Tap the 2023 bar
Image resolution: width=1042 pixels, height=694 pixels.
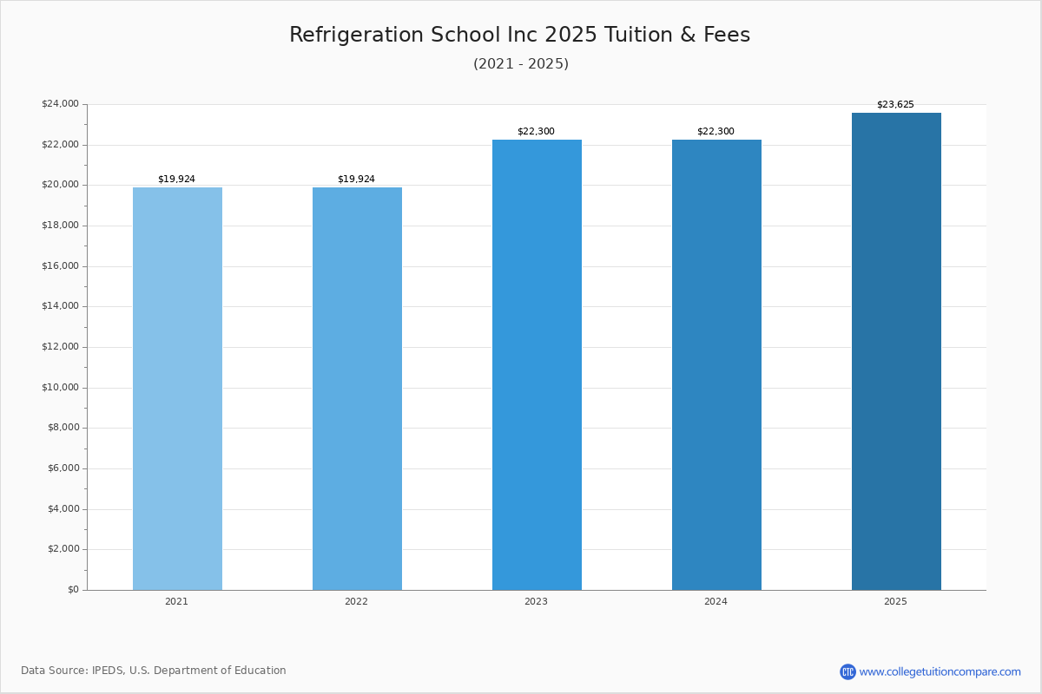[x=537, y=364]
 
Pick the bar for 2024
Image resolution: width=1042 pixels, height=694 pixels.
[x=716, y=364]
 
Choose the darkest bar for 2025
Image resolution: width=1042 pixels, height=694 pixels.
[x=896, y=351]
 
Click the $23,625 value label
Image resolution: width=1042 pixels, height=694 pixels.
[x=895, y=105]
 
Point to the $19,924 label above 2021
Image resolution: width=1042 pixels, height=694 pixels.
[x=176, y=180]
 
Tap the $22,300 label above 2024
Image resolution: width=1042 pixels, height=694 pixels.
[x=716, y=132]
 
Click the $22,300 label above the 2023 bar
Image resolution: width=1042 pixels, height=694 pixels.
[x=536, y=132]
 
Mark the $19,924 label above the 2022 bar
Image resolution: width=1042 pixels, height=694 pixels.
[x=356, y=180]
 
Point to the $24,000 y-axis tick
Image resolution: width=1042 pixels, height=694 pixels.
[x=60, y=104]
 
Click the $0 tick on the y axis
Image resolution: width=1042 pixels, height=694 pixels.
[x=72, y=590]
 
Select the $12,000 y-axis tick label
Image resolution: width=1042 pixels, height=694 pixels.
[x=60, y=347]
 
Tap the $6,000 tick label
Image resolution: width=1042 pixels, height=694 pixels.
[x=63, y=468]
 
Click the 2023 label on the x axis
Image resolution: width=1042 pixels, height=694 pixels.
[x=536, y=602]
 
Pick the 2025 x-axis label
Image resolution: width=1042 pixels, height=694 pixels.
[x=895, y=602]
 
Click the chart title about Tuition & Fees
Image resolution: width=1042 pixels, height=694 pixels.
[x=519, y=36]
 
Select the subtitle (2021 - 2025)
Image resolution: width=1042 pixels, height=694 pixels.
[x=521, y=64]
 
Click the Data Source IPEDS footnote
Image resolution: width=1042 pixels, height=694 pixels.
[x=154, y=671]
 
